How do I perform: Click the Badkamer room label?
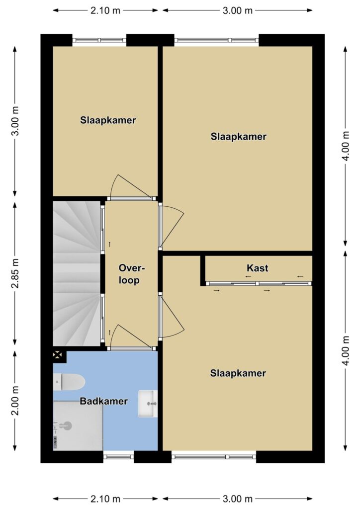pos(103,401)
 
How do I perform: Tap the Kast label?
pos(258,268)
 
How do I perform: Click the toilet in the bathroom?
pos(69,382)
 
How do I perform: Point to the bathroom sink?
pos(148,404)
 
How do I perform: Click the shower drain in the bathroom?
pos(67,425)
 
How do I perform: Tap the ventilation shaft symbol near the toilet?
pos(58,355)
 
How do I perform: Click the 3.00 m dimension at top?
pos(237,10)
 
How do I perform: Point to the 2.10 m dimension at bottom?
pos(105,499)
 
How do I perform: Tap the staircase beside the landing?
pos(77,274)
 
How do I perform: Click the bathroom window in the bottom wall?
pos(118,456)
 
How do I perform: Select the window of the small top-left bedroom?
pos(99,40)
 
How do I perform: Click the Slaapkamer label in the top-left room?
pos(108,120)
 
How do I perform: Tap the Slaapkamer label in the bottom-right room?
pos(238,373)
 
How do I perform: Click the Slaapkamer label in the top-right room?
pos(239,136)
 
